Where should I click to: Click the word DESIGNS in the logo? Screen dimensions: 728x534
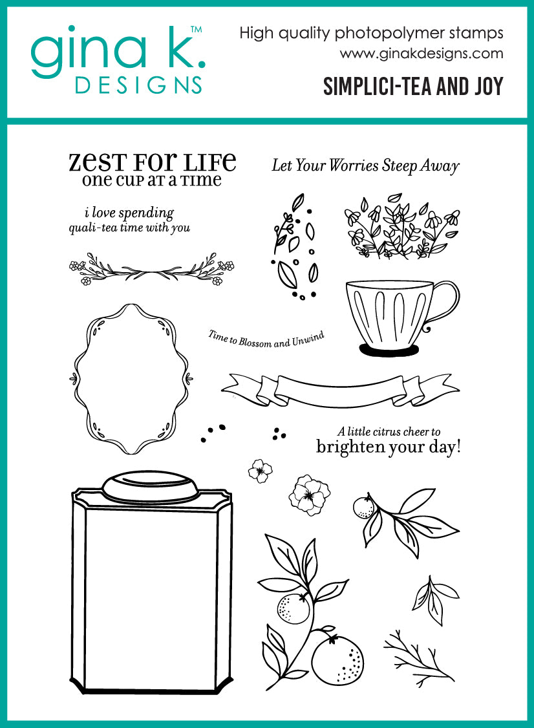tap(138, 85)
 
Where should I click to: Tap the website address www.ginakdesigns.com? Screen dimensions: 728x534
tap(422, 54)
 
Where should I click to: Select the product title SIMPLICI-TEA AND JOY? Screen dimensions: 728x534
tap(413, 87)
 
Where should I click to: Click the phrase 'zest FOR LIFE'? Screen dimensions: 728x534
tap(153, 162)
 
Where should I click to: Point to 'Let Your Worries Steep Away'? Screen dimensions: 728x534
tap(365, 166)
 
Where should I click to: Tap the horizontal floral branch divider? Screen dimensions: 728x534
tap(151, 270)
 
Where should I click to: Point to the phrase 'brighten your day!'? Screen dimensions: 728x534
tap(388, 447)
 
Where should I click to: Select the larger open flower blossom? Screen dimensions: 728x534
tap(309, 495)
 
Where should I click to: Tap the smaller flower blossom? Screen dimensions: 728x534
tap(261, 470)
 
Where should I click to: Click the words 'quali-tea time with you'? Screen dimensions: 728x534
tap(129, 228)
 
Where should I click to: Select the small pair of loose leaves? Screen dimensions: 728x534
tap(434, 595)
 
